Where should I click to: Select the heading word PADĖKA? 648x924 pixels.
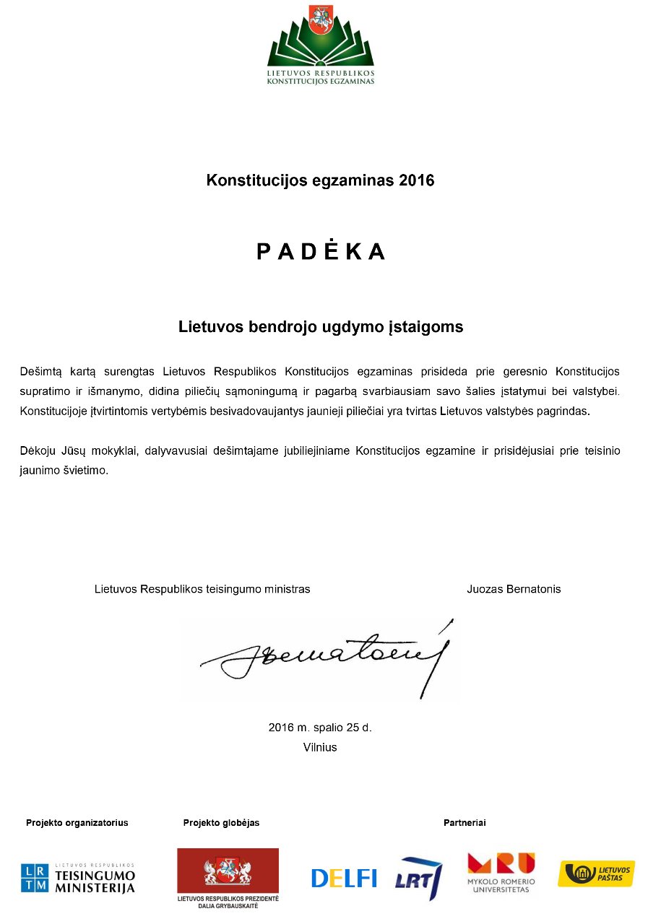[x=321, y=251]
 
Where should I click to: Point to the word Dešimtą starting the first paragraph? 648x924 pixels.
[x=43, y=372]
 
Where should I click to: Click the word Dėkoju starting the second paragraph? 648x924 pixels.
[x=38, y=451]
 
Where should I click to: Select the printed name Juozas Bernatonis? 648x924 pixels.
[x=514, y=589]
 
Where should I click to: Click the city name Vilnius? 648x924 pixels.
[x=320, y=747]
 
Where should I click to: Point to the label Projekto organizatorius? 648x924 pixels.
[x=77, y=823]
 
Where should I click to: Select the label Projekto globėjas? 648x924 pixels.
[x=221, y=823]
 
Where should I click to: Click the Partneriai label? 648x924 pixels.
[x=465, y=823]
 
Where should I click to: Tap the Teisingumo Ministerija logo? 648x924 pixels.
[x=77, y=878]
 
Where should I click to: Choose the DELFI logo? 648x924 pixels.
[x=344, y=878]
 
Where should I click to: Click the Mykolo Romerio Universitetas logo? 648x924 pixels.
[x=501, y=872]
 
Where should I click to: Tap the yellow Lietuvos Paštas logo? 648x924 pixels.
[x=596, y=873]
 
